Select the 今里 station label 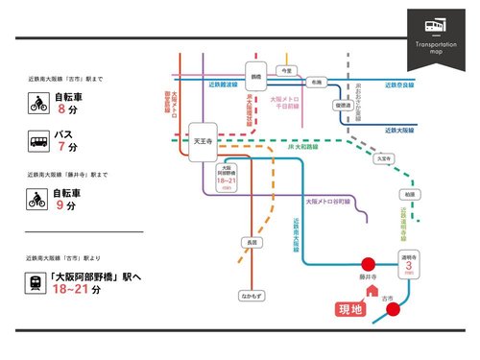coord(283,70)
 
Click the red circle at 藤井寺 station coord(368,263)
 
